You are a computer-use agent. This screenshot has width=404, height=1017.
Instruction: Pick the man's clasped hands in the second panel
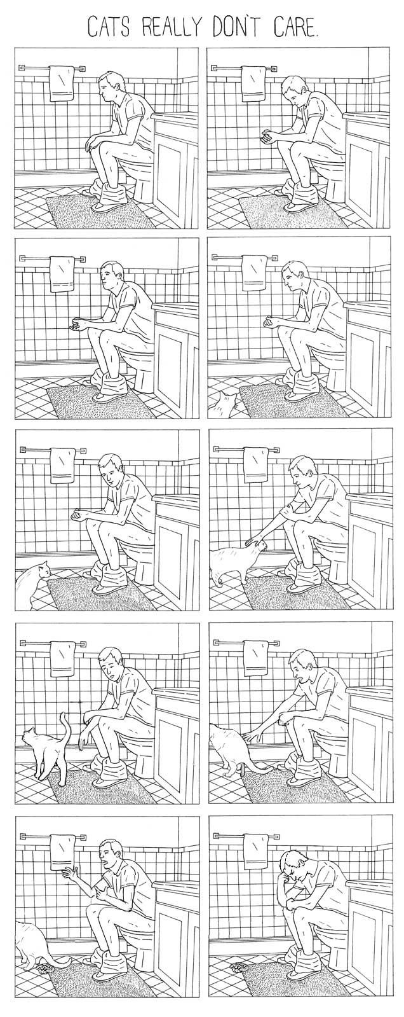tap(267, 135)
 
